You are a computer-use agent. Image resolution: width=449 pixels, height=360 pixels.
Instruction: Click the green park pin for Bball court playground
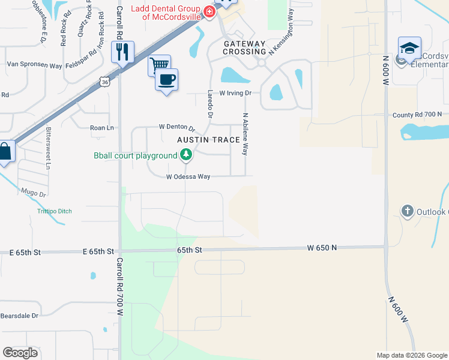[186, 155]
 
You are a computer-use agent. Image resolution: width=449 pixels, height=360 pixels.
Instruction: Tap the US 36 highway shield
[105, 82]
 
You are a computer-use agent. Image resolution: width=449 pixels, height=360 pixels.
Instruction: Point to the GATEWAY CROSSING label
[244, 48]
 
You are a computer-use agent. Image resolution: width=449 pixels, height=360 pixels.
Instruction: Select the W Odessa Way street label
[188, 177]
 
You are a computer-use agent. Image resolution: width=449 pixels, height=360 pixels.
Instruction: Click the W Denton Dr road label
[177, 127]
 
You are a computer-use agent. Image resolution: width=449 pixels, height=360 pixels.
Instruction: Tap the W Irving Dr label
[235, 94]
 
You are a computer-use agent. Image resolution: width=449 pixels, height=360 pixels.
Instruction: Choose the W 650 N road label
[322, 247]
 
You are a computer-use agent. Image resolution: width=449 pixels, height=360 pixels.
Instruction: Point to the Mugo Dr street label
[34, 194]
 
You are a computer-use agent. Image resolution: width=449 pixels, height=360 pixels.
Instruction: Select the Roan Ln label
[101, 128]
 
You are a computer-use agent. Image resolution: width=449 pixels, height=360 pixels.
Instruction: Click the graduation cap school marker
[409, 48]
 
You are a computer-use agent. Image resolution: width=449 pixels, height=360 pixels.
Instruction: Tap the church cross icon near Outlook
[408, 211]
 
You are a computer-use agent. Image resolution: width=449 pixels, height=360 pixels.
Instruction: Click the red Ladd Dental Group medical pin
[209, 12]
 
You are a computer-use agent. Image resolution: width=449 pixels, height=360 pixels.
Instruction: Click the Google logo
[20, 353]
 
